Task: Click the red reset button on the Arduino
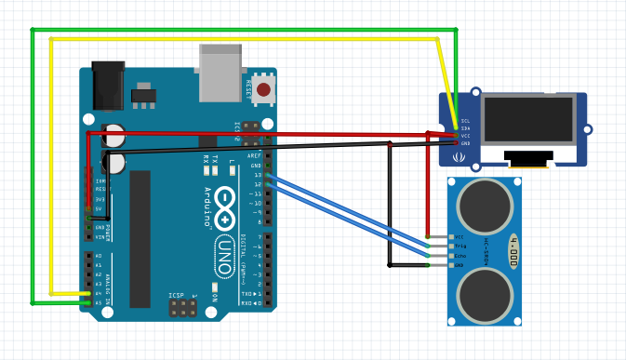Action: [x=264, y=90]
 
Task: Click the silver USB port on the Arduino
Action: [x=220, y=73]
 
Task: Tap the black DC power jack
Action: [x=108, y=87]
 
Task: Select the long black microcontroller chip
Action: [x=140, y=238]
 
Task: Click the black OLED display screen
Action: [x=527, y=120]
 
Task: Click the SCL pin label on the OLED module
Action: [x=465, y=121]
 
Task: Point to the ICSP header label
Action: [x=176, y=296]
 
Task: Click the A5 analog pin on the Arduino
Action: [x=87, y=302]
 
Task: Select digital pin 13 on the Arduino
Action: [x=267, y=174]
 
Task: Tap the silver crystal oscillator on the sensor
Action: [x=513, y=251]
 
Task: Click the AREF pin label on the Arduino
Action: [x=255, y=156]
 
